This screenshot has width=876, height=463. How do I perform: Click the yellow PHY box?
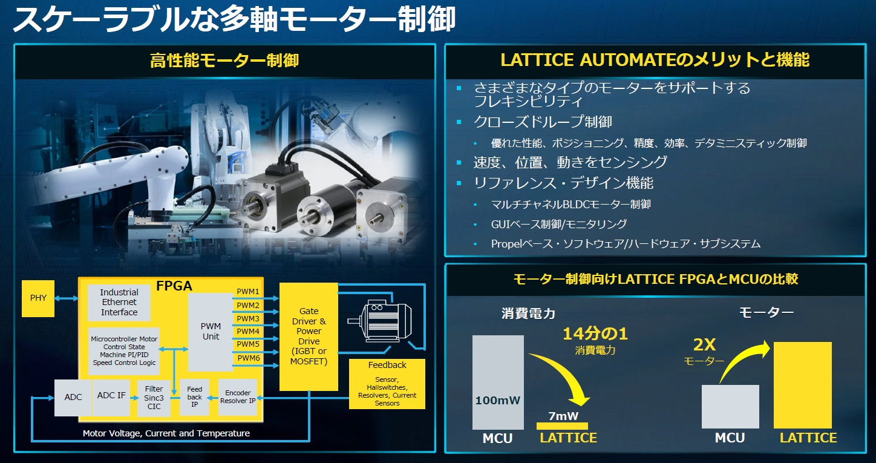(x=38, y=298)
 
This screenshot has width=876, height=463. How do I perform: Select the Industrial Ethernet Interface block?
(x=119, y=302)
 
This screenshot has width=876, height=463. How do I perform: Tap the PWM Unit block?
(x=211, y=331)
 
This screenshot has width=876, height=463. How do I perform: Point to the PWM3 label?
(x=248, y=318)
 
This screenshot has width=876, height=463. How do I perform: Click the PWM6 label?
(x=248, y=358)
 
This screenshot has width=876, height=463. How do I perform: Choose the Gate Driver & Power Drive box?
(x=309, y=336)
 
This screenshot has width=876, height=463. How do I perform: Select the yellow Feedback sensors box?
(x=387, y=384)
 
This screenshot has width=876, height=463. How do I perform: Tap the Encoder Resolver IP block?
(x=238, y=397)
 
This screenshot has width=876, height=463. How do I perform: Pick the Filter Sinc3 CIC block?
(x=154, y=398)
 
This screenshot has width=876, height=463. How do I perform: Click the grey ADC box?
(x=73, y=398)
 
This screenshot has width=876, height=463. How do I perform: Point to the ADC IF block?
(x=112, y=396)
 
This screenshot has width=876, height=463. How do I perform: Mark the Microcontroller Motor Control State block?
(x=124, y=351)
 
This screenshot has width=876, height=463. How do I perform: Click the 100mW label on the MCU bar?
(x=498, y=401)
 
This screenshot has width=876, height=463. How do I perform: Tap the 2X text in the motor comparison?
(x=704, y=345)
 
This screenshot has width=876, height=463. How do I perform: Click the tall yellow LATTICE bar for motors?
(x=802, y=385)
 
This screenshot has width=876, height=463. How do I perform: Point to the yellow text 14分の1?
(x=595, y=333)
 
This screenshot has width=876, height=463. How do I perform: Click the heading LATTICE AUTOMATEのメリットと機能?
(x=655, y=60)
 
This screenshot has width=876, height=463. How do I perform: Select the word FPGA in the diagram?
(x=174, y=286)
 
